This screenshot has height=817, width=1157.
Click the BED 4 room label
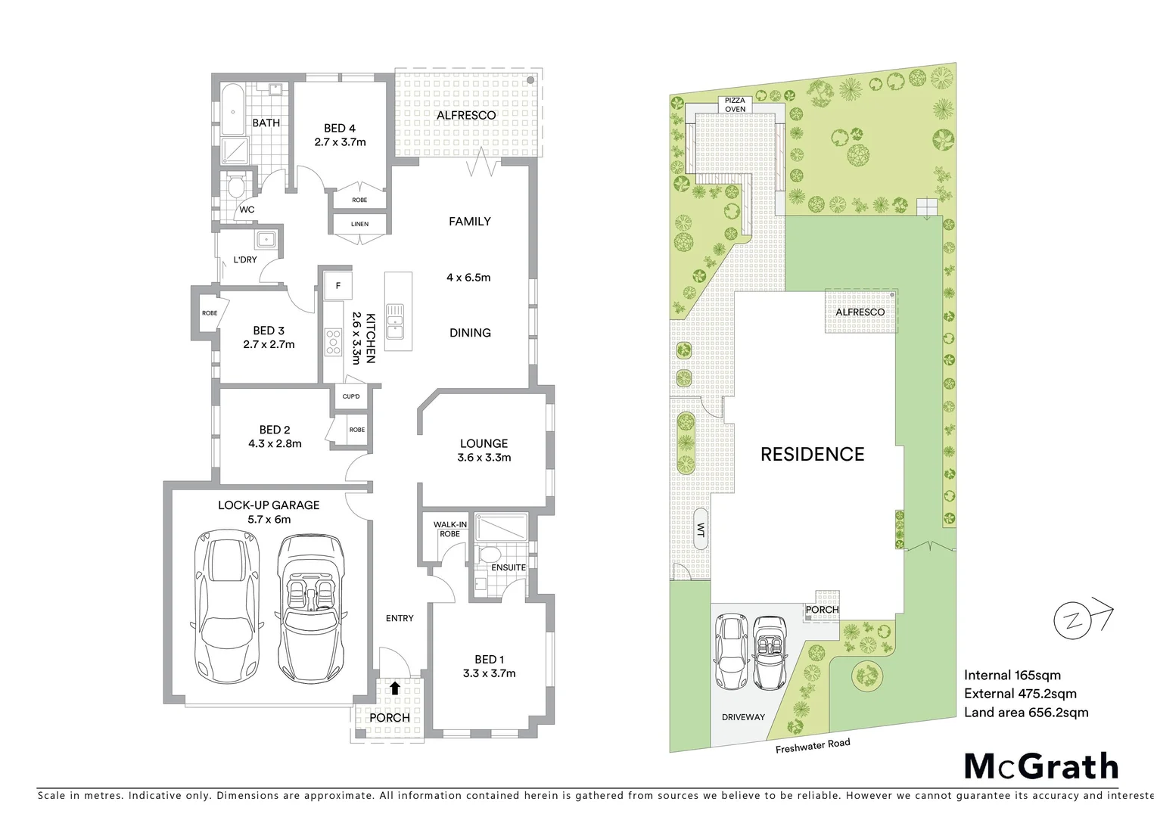[x=340, y=129]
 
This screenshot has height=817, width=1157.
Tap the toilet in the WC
[x=235, y=185]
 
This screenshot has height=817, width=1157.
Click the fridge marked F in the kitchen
[x=337, y=286]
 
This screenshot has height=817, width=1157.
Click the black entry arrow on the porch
[x=395, y=688]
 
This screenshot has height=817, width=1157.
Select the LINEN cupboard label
[x=359, y=224]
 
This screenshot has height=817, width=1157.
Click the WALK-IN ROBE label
[x=449, y=529]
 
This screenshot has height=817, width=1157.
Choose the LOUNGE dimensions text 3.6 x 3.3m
[x=484, y=458]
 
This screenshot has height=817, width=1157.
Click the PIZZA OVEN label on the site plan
[x=735, y=104]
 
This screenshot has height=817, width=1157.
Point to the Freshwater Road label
[x=812, y=746]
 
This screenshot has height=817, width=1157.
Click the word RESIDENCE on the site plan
[x=812, y=454]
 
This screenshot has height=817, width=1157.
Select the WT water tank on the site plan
[x=700, y=529]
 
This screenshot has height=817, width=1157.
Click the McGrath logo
[x=1040, y=766]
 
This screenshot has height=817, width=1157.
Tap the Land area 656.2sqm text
[x=1025, y=712]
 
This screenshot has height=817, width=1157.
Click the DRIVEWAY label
[x=742, y=717]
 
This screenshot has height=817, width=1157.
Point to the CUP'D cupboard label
[x=350, y=396]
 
